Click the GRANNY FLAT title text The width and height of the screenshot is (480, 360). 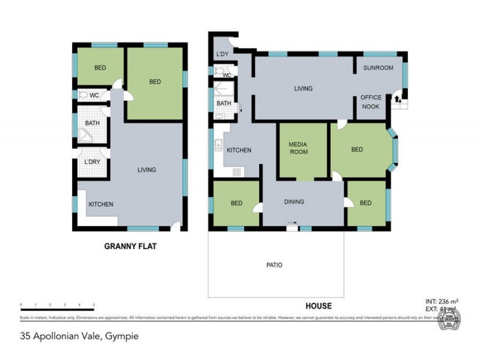pos(130,246)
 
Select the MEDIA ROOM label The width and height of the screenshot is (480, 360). pos(298,148)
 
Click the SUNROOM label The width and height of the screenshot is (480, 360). pos(378,68)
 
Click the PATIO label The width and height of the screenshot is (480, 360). pos(274,265)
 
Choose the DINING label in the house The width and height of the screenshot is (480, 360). pos(294,202)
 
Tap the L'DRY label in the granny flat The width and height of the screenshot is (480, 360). pos(92,162)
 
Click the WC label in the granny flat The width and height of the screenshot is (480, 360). pos(94,95)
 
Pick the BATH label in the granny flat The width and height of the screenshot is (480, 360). pos(92,124)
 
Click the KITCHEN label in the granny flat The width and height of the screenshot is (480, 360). pos(101,205)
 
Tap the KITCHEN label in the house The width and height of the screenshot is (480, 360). pos(238,151)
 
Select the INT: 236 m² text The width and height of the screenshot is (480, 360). pos(436,302)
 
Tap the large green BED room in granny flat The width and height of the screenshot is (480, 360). pos(155,82)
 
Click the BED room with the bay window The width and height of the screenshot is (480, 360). pos(358,150)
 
